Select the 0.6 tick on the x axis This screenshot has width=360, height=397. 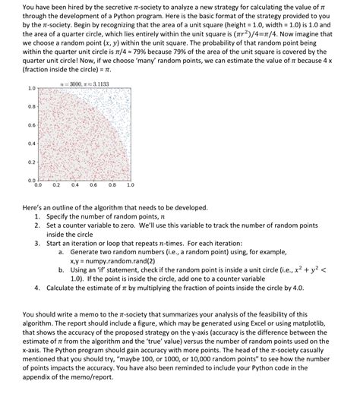[93, 184]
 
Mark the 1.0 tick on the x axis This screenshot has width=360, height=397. [130, 184]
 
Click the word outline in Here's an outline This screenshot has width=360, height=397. [63, 206]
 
